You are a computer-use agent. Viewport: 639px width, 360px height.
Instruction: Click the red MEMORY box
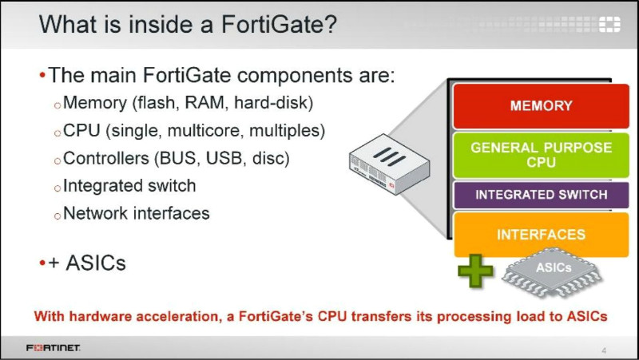click(x=542, y=106)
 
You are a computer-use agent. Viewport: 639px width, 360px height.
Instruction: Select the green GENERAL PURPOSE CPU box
click(x=542, y=155)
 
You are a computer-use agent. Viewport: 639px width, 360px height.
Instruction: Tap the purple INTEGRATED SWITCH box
click(x=542, y=195)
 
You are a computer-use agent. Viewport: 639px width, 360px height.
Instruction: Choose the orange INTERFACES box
click(x=542, y=235)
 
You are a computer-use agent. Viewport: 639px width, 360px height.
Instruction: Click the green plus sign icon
click(x=475, y=271)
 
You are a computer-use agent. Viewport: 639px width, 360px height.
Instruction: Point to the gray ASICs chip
click(x=552, y=271)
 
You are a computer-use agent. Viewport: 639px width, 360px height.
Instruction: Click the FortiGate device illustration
click(x=389, y=164)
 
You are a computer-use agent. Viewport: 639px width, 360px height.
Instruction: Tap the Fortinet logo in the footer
click(x=53, y=348)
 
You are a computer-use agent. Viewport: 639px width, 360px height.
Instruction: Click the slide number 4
click(x=604, y=350)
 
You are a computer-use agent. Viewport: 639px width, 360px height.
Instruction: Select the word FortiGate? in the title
click(x=279, y=24)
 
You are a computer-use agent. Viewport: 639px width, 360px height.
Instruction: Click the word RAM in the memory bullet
click(x=204, y=103)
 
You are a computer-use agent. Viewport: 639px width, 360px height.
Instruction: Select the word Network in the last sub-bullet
click(x=95, y=213)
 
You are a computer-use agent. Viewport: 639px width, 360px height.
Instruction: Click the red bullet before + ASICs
click(x=42, y=263)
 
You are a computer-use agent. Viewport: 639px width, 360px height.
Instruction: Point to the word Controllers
click(x=106, y=158)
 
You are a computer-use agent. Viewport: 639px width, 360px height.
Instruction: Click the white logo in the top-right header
click(x=609, y=25)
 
